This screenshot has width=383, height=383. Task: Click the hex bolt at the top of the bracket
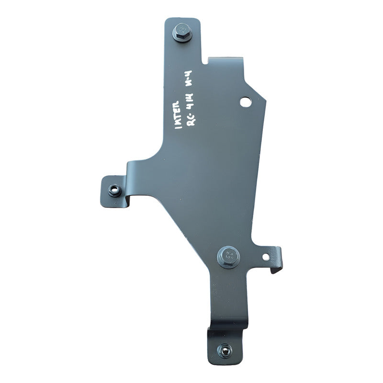point(182,32)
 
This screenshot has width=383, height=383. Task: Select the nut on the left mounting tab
point(114,190)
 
